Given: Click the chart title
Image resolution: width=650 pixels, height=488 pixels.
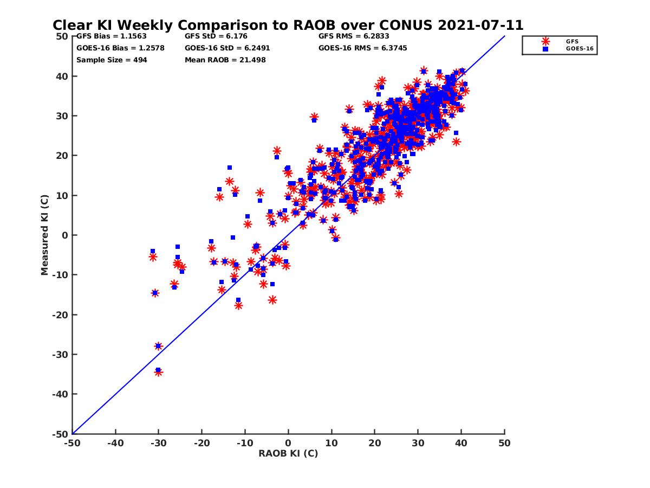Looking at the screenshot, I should [x=288, y=25].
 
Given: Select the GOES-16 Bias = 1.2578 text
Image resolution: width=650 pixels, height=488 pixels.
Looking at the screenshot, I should [x=120, y=48].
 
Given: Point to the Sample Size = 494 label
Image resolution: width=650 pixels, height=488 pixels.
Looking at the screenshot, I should [x=112, y=60].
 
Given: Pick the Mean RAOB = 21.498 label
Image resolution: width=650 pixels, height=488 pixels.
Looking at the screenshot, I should [x=225, y=60].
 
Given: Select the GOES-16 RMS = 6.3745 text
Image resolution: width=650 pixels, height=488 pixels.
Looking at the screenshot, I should [x=362, y=48].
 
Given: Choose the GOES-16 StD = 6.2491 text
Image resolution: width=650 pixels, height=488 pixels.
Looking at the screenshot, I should [x=227, y=48].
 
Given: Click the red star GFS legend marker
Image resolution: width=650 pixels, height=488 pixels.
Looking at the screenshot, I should [x=545, y=41].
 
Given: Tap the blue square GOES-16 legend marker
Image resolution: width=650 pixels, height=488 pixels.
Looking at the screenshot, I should [x=545, y=49].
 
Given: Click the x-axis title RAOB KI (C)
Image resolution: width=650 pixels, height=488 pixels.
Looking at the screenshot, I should [x=288, y=453].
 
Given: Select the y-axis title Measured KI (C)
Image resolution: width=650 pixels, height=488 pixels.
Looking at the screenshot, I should [x=45, y=235].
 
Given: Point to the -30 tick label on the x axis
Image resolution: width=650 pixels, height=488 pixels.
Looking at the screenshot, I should [x=158, y=444].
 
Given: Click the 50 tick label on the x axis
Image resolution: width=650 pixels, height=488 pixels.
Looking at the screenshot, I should [x=504, y=444].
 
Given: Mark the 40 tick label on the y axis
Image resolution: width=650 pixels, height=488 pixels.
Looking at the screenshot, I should [x=61, y=76].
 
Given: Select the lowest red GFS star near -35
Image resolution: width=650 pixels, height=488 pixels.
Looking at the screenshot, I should [x=158, y=372].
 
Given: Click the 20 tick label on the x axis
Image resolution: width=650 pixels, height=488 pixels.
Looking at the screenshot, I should [x=374, y=444].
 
